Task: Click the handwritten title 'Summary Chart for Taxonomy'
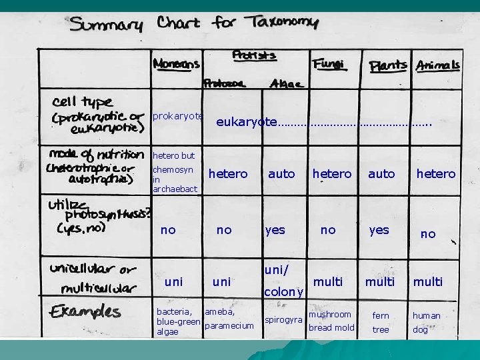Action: pyautogui.click(x=195, y=25)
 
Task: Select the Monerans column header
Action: pyautogui.click(x=176, y=65)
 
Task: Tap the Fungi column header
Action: pyautogui.click(x=328, y=64)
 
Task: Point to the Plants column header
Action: pyautogui.click(x=388, y=65)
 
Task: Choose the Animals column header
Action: pyautogui.click(x=438, y=65)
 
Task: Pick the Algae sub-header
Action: pyautogui.click(x=286, y=84)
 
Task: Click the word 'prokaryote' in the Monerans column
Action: pyautogui.click(x=177, y=116)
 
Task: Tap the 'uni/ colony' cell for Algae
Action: pyautogui.click(x=285, y=281)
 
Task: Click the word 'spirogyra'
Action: pyautogui.click(x=283, y=320)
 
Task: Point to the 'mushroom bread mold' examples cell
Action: pyautogui.click(x=331, y=321)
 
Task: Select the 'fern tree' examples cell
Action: pyautogui.click(x=381, y=323)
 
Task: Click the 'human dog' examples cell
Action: pyautogui.click(x=426, y=323)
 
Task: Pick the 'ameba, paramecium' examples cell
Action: pyautogui.click(x=229, y=319)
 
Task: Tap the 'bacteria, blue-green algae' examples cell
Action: pyautogui.click(x=177, y=321)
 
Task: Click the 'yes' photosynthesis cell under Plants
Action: pyautogui.click(x=379, y=230)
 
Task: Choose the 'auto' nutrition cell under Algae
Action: pyautogui.click(x=281, y=174)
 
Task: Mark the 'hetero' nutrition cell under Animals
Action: pyautogui.click(x=436, y=174)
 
